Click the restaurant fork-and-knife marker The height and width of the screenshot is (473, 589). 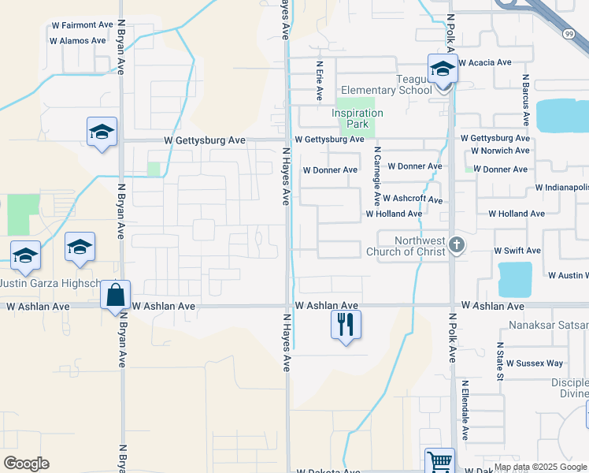click(x=345, y=324)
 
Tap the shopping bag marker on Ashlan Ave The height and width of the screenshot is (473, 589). click(x=116, y=296)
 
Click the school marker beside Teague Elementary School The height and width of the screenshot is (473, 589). click(x=443, y=69)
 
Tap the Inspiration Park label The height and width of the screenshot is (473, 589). click(x=357, y=118)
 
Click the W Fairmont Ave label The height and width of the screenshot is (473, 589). click(x=82, y=25)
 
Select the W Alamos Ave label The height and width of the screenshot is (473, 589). click(x=77, y=40)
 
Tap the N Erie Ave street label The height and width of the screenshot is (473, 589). click(x=320, y=81)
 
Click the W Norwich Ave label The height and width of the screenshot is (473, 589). click(x=500, y=151)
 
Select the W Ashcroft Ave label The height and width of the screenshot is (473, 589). click(x=413, y=200)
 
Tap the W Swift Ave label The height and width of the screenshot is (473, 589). click(x=517, y=251)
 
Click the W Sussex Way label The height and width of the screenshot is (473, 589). click(x=535, y=363)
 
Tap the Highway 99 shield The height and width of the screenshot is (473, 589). click(x=569, y=34)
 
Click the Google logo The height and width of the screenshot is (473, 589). click(x=26, y=464)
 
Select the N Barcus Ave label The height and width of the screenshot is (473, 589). click(x=525, y=101)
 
